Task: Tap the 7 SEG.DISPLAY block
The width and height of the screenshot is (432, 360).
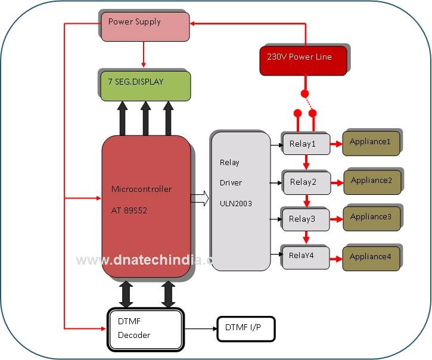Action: point(145,85)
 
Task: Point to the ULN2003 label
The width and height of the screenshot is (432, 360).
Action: point(235,203)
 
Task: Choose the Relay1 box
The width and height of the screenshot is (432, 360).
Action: point(305,144)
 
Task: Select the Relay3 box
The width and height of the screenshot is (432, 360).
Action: point(306,219)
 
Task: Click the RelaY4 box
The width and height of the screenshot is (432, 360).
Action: point(305,256)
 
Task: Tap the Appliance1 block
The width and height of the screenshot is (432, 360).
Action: point(370,144)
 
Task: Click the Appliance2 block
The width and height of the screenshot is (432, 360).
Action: point(371,181)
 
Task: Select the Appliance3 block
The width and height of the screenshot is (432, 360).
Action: point(371,218)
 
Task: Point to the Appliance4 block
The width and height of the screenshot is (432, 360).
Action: point(370,257)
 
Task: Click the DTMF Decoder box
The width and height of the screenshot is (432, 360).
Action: point(145,328)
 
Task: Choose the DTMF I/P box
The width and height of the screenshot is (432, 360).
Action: point(245,328)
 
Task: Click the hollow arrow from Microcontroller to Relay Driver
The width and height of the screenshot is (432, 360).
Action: point(200,197)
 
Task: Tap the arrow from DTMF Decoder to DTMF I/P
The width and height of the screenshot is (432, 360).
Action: point(200,328)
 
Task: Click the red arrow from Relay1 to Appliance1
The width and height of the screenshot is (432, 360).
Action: point(336,144)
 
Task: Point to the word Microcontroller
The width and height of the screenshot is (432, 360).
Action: point(141,189)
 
